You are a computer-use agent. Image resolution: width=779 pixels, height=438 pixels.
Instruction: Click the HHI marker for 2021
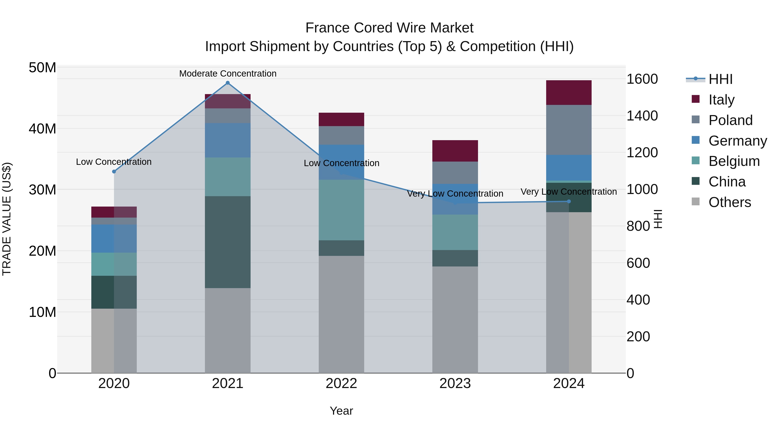(228, 83)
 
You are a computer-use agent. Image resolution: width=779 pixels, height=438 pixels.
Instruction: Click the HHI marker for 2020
(114, 171)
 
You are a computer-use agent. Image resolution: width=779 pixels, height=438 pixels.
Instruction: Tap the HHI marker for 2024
(568, 201)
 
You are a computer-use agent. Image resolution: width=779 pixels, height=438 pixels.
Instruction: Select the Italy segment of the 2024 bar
(568, 93)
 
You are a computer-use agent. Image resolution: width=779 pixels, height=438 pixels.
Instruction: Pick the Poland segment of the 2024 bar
(568, 130)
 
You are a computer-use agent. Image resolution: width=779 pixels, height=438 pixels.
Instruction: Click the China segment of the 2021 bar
(228, 242)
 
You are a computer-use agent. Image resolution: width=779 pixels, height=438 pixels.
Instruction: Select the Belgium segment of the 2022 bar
(341, 210)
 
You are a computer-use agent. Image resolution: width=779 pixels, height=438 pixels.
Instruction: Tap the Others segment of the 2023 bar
(455, 319)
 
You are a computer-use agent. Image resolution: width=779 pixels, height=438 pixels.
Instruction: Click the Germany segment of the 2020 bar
(114, 239)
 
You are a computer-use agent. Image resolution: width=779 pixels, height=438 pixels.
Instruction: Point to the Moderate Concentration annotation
(228, 74)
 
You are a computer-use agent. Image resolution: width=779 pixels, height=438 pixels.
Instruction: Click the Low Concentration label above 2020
(114, 162)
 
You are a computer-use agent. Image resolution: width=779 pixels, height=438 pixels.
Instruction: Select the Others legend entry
(729, 202)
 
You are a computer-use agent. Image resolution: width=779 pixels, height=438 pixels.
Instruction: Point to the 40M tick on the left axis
(42, 129)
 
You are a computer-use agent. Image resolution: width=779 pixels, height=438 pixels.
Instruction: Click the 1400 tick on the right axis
(642, 116)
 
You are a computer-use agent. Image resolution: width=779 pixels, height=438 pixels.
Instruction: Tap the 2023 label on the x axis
(455, 383)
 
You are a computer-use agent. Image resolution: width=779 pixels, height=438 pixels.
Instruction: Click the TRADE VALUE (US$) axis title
(7, 219)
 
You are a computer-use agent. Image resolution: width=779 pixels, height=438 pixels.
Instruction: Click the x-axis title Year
(341, 411)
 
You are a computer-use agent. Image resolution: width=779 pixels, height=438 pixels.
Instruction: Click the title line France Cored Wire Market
(389, 28)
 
